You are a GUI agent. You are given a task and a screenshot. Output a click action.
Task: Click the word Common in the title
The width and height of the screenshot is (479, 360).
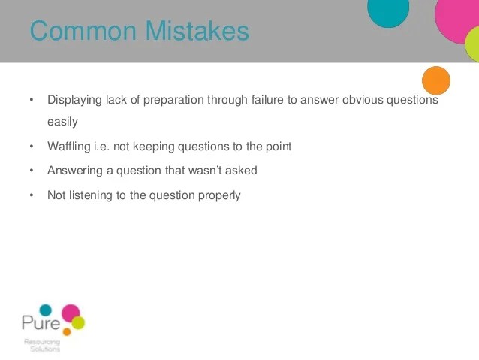[x=83, y=31]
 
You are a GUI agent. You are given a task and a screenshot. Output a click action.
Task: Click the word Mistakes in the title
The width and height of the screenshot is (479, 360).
[x=197, y=31]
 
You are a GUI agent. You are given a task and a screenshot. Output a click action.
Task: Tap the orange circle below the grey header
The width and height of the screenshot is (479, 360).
[x=436, y=80]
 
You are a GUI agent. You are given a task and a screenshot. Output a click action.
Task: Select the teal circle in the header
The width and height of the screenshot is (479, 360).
[x=388, y=12]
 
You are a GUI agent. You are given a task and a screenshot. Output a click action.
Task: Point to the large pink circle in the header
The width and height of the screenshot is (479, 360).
[x=456, y=20]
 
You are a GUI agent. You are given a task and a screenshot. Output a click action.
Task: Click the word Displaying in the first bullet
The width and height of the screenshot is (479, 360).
[x=74, y=101]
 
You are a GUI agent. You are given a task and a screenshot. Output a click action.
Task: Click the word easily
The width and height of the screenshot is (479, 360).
[x=62, y=122]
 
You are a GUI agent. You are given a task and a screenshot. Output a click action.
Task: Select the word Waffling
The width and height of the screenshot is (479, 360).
[x=69, y=147]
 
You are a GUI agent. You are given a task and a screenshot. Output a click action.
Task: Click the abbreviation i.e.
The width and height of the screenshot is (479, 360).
[x=101, y=147]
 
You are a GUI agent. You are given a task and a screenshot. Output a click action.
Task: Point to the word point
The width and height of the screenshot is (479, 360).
[x=279, y=147]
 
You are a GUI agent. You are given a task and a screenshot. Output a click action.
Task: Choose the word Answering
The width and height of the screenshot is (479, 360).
[x=75, y=171]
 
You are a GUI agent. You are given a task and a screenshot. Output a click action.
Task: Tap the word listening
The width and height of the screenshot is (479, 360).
[x=91, y=195]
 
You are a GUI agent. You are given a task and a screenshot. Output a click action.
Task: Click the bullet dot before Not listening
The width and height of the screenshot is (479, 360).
[x=32, y=195]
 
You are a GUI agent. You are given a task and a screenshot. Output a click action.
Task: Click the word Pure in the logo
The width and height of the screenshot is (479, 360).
[x=41, y=323]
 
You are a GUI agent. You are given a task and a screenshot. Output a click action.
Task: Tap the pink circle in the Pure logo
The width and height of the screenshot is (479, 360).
[x=71, y=313]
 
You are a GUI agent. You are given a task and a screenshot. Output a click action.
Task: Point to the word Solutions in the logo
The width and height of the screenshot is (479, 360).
[x=45, y=349]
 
